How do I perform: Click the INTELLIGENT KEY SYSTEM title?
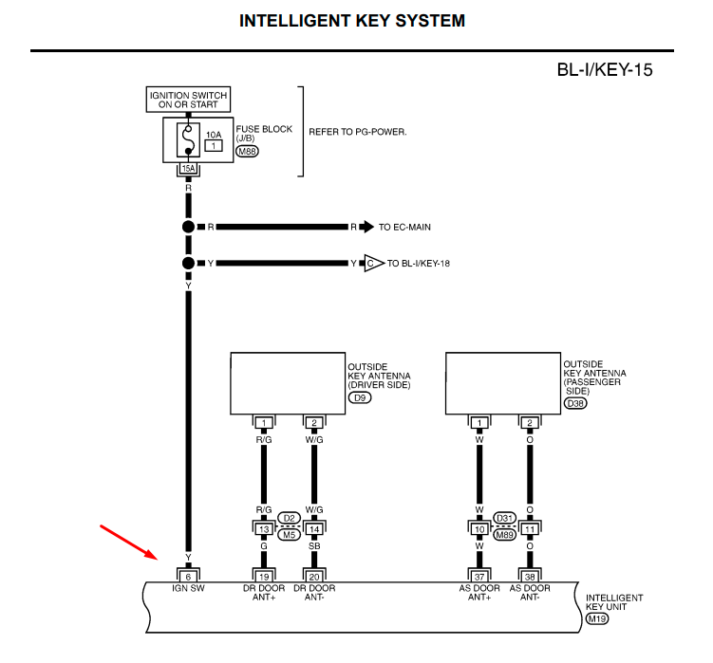pos(352,21)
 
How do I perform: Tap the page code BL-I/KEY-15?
pos(605,70)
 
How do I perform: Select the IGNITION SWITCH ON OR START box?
pos(188,99)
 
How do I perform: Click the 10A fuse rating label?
pos(214,136)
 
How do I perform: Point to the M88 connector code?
pos(248,152)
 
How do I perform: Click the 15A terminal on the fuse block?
pos(188,169)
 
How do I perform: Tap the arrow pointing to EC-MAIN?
pos(366,228)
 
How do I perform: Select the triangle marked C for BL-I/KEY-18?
pos(371,263)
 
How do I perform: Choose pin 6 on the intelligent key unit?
pos(188,575)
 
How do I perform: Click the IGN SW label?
pos(188,589)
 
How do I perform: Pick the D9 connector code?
pos(361,398)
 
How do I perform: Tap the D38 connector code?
pos(576,404)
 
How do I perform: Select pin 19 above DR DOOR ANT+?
pos(263,575)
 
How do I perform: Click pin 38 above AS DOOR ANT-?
pos(530,575)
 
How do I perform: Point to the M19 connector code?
pos(597,618)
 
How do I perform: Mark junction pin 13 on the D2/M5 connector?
pos(263,528)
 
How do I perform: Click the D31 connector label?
pos(505,517)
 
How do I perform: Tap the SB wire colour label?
pos(313,545)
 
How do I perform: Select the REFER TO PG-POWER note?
pos(358,132)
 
